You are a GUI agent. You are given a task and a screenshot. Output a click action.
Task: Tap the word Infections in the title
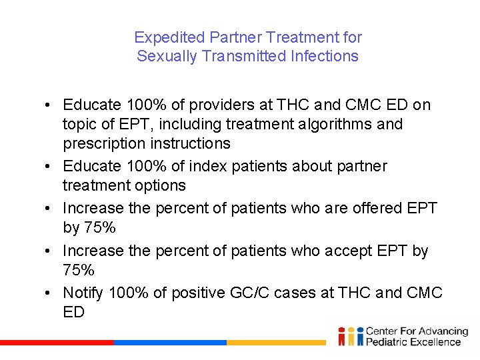pos(325,56)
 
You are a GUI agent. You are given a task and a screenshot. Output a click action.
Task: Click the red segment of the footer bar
pos(57,343)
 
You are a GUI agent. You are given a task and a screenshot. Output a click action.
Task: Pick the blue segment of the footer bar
pos(170,343)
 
